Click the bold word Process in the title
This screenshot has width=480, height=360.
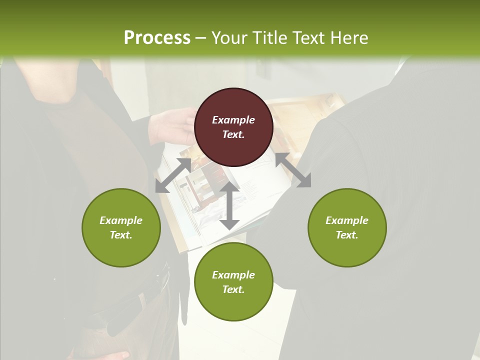[157, 38]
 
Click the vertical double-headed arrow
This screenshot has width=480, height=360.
[229, 205]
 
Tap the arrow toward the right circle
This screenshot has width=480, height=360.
[293, 170]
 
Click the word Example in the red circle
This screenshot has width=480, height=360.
[233, 120]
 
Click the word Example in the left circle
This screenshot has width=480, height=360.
[121, 220]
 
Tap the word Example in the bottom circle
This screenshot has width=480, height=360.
[233, 275]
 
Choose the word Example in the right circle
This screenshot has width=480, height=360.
[347, 220]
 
